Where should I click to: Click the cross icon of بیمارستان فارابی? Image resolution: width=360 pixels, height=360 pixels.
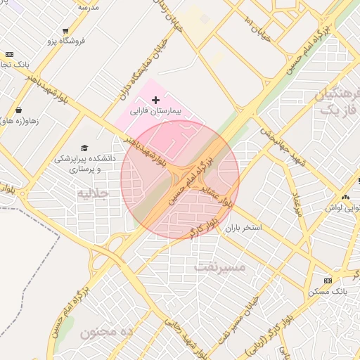155,101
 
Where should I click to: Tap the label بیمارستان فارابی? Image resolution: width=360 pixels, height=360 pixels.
155,112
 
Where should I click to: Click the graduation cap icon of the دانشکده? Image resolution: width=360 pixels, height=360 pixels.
85,148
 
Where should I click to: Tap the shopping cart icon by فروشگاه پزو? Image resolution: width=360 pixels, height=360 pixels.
65,31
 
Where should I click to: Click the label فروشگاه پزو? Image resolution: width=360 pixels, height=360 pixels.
66,41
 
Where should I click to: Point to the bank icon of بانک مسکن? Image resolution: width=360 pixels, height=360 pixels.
327,281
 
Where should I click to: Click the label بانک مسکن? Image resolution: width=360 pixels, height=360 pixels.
327,291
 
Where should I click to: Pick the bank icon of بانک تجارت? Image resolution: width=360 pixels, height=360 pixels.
9,54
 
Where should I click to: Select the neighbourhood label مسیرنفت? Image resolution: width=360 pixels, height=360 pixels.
220,266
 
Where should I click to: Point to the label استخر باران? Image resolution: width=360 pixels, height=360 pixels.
243,229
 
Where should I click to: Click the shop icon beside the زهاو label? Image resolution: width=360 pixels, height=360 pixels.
18,110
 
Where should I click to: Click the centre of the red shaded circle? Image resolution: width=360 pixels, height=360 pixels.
180,180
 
